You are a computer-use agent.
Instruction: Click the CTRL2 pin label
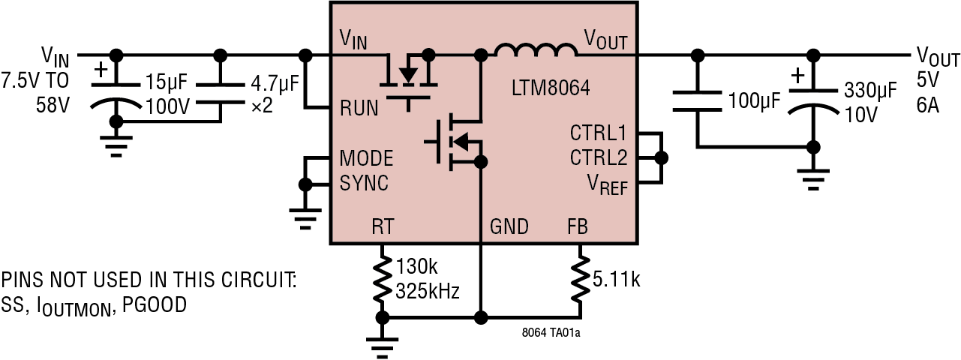[598, 159]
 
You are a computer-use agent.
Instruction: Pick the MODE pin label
[366, 159]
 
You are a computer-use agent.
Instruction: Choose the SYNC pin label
[364, 183]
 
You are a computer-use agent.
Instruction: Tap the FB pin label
[578, 226]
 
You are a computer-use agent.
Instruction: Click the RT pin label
[383, 226]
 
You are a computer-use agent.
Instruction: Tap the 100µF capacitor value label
[754, 100]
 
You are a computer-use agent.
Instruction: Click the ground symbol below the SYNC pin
[304, 217]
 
